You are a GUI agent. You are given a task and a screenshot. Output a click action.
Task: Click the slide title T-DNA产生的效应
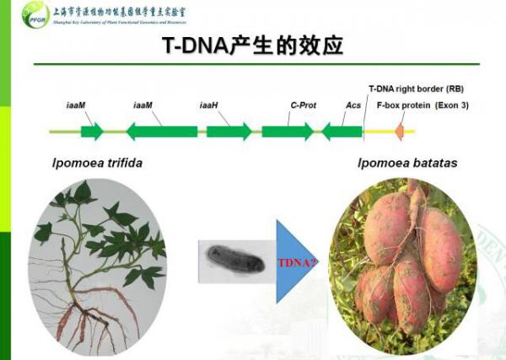pos(253,46)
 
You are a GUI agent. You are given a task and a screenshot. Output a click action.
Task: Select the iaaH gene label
pos(209,106)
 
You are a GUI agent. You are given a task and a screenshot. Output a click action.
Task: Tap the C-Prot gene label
pos(301,106)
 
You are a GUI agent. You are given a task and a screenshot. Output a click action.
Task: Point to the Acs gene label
pos(353,106)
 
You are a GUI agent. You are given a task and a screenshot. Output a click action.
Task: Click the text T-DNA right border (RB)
pos(416,89)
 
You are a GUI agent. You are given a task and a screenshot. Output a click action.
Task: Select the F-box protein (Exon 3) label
pos(422,106)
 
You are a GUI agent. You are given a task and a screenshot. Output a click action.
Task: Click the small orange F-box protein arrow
pos(401,132)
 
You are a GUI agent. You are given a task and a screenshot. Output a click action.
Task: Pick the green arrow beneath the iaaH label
pos(229,132)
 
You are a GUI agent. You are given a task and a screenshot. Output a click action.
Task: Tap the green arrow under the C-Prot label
pos(287,132)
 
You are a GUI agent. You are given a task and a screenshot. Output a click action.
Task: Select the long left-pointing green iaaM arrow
pos(162,132)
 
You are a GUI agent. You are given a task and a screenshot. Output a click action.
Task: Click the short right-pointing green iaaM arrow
pos(92,132)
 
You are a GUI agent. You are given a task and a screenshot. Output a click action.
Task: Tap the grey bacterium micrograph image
pos(230,258)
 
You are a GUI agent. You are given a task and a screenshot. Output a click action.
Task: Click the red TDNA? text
pos(299,262)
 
